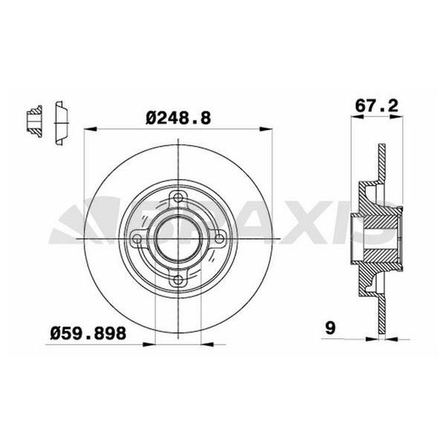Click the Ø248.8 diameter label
[x=179, y=117]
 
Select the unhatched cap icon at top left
[x=61, y=120]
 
